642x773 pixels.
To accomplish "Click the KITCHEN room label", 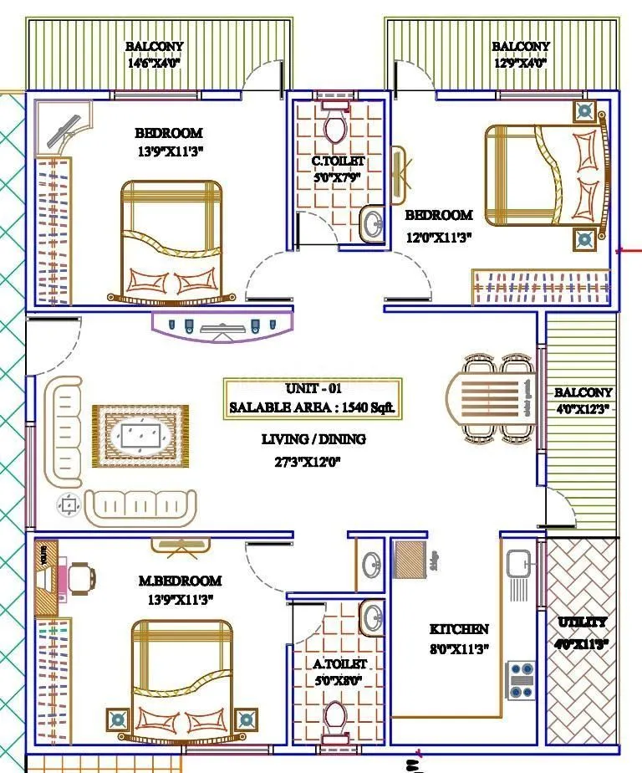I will [x=459, y=628].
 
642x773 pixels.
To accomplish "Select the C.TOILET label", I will [x=338, y=161].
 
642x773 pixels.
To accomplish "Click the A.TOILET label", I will [x=340, y=663].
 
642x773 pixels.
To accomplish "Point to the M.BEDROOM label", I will [x=179, y=581].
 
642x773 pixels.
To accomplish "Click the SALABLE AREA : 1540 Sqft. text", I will [x=312, y=408].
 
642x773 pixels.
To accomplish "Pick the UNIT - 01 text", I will [x=313, y=389].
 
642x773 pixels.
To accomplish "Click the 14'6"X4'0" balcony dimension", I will [x=154, y=63].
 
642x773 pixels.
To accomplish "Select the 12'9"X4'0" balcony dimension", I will [x=520, y=63].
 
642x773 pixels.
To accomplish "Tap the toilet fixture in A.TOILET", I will [x=336, y=718].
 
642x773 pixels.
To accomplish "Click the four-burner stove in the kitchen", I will [x=522, y=674].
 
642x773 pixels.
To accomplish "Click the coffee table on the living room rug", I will [x=140, y=435].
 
